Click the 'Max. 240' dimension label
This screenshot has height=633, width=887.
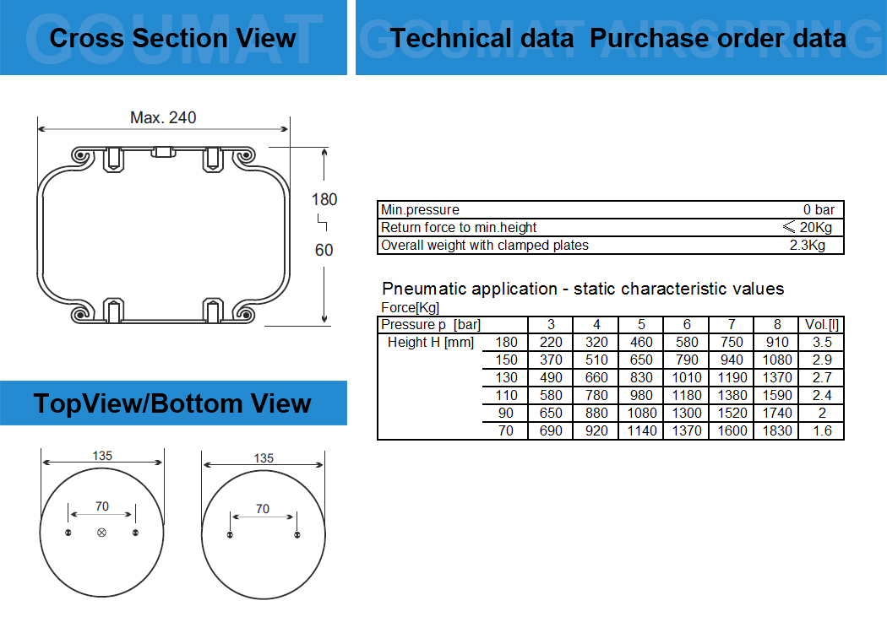tap(163, 117)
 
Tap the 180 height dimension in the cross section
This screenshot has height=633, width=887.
tap(324, 199)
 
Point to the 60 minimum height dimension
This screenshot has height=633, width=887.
tap(324, 250)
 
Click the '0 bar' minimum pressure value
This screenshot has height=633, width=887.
tap(819, 209)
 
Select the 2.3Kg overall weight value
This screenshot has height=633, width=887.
tap(808, 246)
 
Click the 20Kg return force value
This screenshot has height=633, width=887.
tap(815, 227)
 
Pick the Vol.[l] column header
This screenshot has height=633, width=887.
tap(821, 324)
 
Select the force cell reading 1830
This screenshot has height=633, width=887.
tap(776, 430)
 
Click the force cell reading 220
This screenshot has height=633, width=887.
tap(551, 342)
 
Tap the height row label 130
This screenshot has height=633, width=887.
tap(506, 377)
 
